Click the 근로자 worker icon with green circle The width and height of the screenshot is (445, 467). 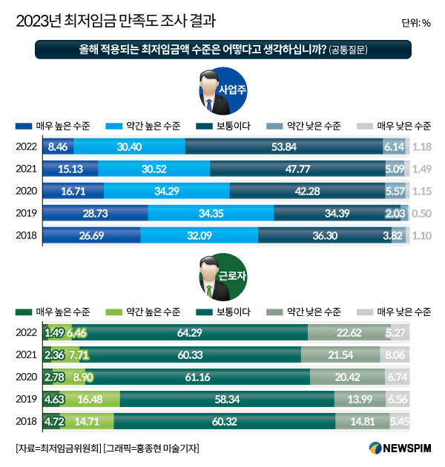(x=214, y=277)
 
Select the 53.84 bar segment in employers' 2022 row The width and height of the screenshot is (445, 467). (x=284, y=147)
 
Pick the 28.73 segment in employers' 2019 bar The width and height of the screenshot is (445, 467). (x=94, y=214)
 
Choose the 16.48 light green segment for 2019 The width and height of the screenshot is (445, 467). (x=90, y=399)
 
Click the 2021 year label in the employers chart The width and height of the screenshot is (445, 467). (x=26, y=169)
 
